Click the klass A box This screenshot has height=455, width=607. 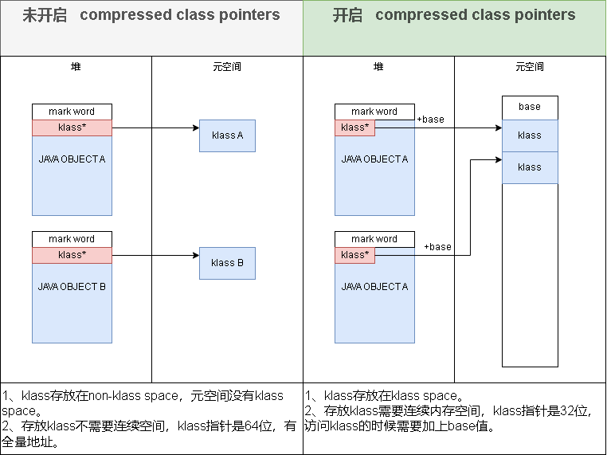(x=227, y=135)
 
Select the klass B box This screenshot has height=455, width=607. (x=227, y=263)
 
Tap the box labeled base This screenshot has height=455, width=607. (x=530, y=108)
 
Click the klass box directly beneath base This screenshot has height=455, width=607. (x=530, y=135)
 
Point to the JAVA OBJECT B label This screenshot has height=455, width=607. (x=72, y=287)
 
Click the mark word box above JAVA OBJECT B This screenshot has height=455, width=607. (x=72, y=239)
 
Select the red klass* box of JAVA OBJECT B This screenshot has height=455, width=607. (x=72, y=255)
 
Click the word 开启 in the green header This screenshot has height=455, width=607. (x=347, y=15)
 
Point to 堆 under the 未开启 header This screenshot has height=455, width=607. (x=76, y=67)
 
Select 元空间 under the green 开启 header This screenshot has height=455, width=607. (x=530, y=67)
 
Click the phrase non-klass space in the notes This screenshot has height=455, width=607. (x=127, y=396)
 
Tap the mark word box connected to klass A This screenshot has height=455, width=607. (x=72, y=112)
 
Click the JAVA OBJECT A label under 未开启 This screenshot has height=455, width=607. (x=72, y=159)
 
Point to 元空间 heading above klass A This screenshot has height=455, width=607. (x=227, y=67)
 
